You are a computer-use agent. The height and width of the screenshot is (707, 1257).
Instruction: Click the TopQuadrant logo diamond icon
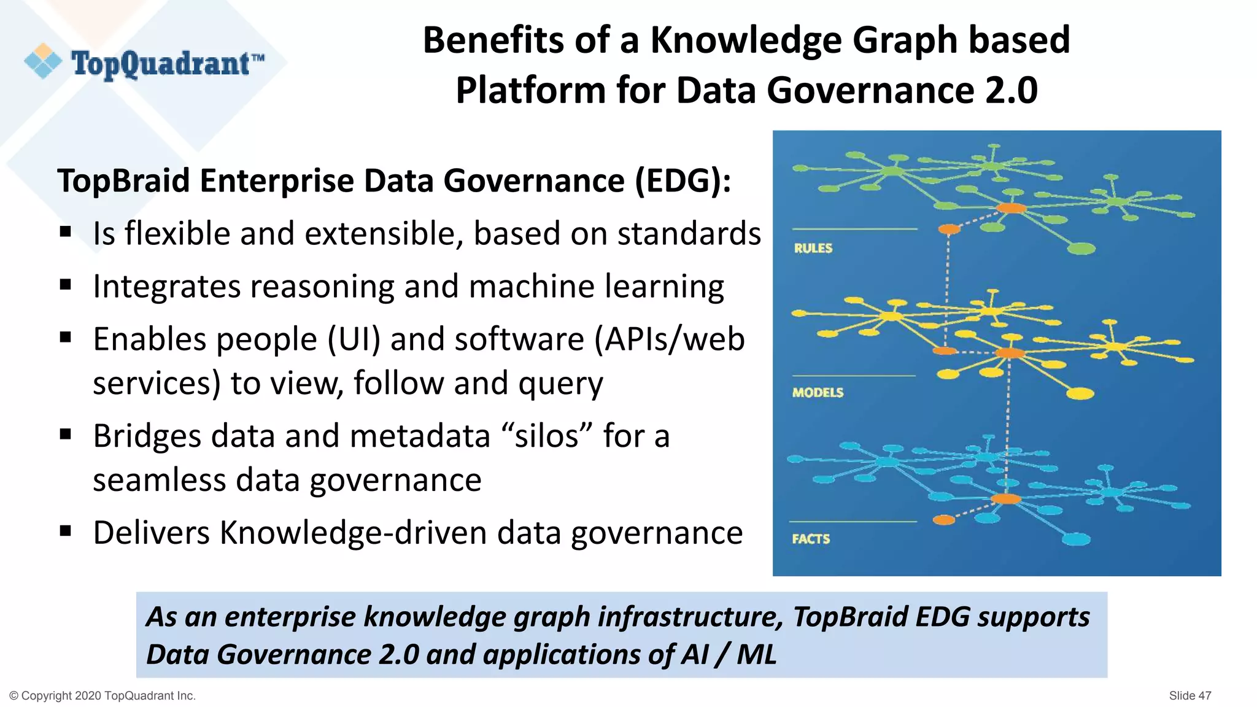(43, 61)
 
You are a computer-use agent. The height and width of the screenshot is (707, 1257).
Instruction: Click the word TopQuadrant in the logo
(161, 64)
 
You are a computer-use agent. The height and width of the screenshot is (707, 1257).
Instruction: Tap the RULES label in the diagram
(813, 248)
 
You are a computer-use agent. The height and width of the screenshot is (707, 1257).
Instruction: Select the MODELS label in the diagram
(818, 392)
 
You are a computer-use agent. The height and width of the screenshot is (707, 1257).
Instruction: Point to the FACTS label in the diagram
(811, 539)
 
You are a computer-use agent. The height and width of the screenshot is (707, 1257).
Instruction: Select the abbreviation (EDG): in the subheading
(683, 181)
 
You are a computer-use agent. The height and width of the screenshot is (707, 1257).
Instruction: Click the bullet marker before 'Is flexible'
(66, 233)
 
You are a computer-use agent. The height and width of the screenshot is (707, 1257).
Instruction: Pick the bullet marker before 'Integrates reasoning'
(66, 285)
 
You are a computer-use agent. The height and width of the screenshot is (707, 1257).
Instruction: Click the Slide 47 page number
(1189, 695)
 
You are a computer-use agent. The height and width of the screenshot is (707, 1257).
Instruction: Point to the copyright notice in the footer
(102, 695)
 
